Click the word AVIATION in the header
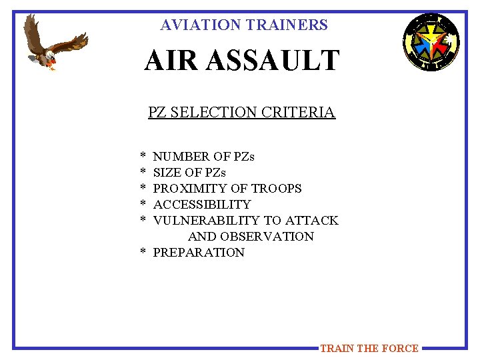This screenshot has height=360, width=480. coord(201,25)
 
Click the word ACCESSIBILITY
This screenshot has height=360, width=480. coord(202,205)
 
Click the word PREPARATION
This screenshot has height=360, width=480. coord(199,253)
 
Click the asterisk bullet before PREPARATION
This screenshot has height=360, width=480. coord(143,253)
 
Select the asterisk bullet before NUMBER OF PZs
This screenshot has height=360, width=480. coord(143,157)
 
